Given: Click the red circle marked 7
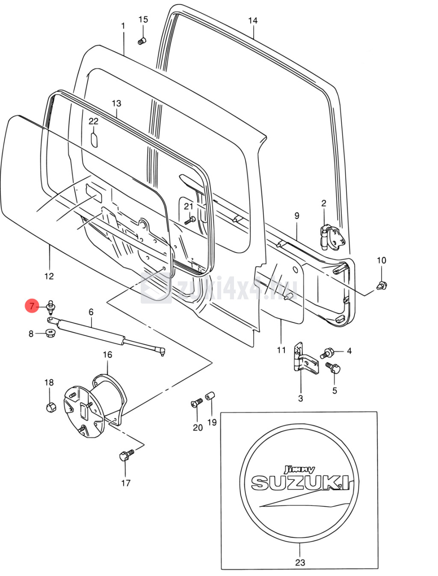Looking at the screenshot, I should click(32, 306).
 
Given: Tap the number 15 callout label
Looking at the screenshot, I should click(143, 20).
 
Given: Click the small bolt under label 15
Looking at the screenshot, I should click(142, 41).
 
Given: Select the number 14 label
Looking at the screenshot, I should click(253, 21).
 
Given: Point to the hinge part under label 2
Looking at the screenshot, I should click(331, 237).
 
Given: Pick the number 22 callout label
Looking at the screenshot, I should click(93, 121).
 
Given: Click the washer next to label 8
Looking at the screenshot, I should click(51, 333).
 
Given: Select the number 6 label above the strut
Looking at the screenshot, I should click(91, 312).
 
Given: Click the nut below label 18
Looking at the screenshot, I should click(50, 407).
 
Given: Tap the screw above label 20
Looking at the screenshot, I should click(197, 403).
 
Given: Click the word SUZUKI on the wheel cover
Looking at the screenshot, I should click(299, 482).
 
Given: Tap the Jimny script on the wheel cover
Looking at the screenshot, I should click(300, 469).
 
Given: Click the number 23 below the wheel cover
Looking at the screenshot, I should click(300, 562).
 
